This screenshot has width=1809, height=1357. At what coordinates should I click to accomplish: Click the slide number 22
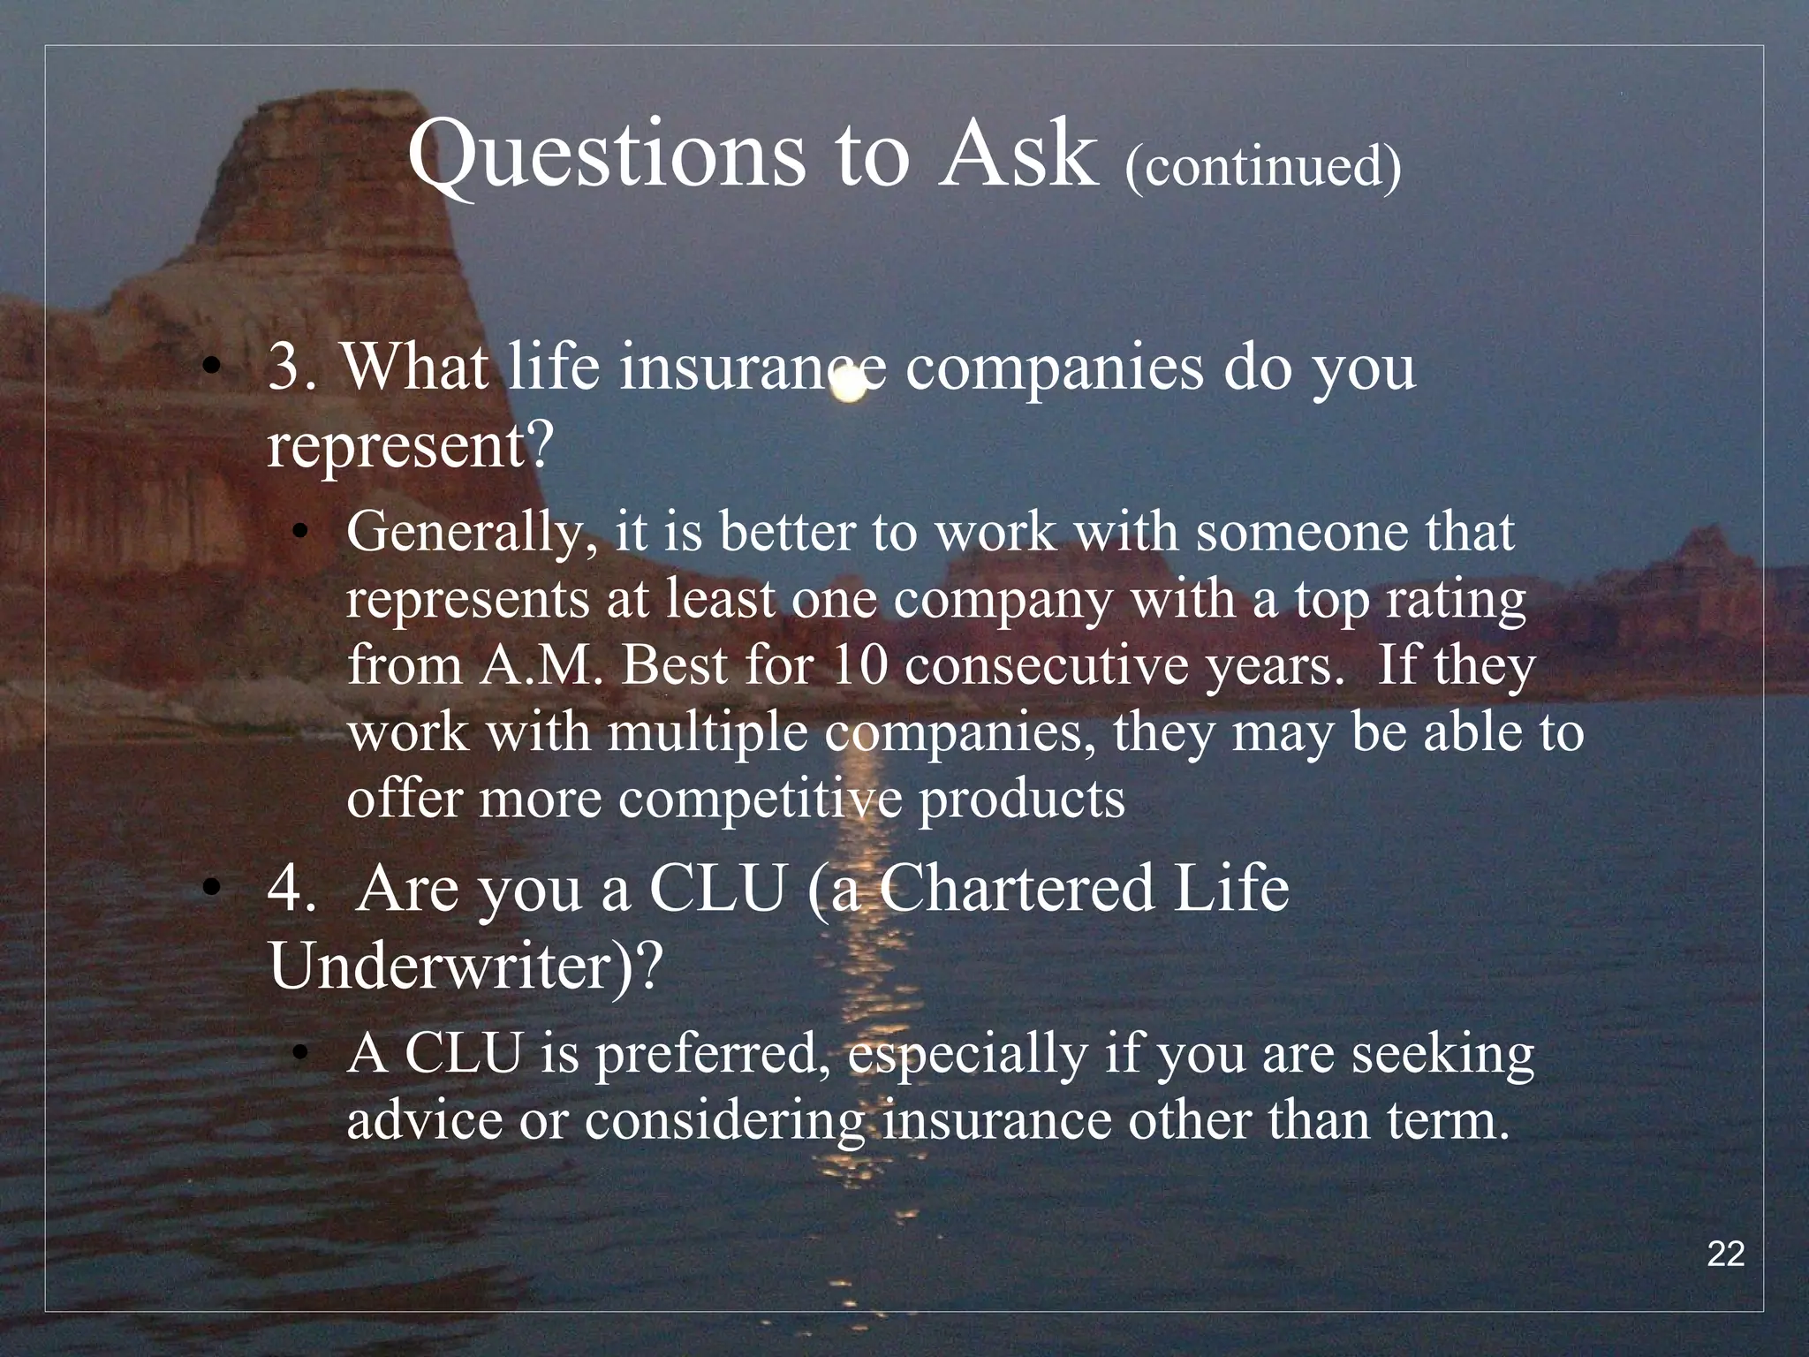(x=1725, y=1254)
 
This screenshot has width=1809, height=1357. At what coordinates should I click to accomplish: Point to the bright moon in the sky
(x=849, y=385)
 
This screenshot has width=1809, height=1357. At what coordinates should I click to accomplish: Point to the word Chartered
(x=1016, y=889)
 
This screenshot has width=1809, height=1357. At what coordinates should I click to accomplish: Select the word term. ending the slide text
(x=1448, y=1121)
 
